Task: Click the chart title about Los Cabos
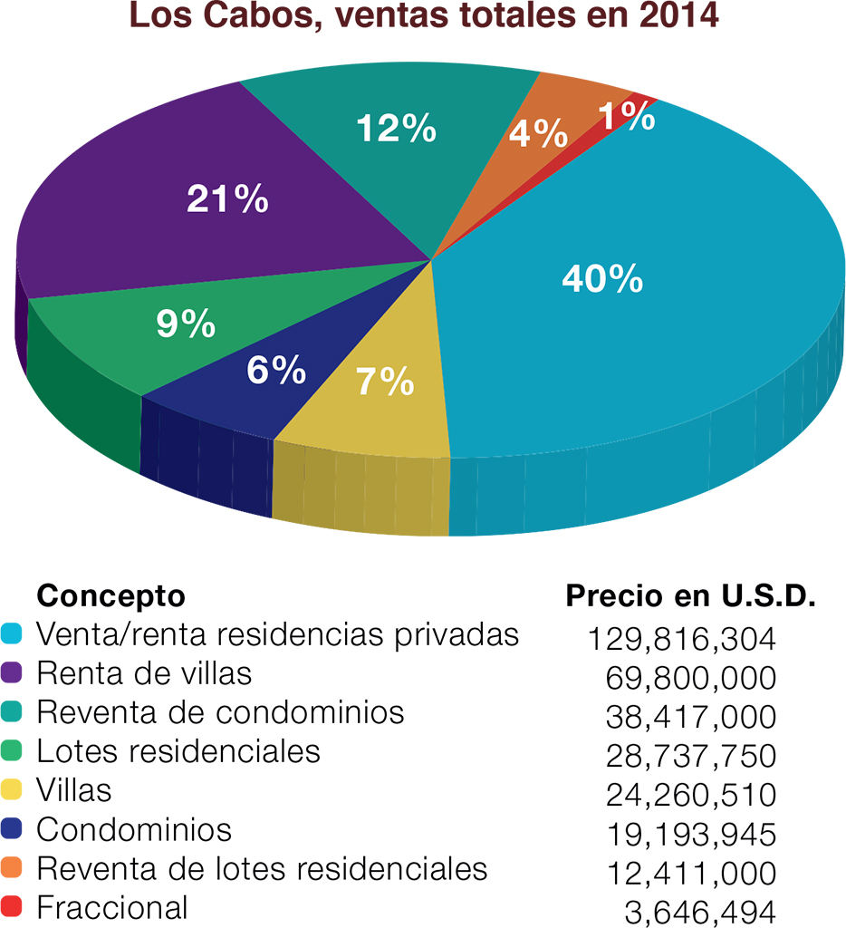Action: coord(423,17)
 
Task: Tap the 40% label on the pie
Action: coord(602,279)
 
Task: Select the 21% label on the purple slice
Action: coord(227,199)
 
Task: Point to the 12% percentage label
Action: coord(397,130)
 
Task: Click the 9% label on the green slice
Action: coord(186,324)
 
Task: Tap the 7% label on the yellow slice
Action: coord(385,382)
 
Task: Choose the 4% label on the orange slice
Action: coord(538,135)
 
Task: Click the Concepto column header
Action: coord(110,596)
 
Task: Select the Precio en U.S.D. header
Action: coord(692,597)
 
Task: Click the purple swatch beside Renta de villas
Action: coord(14,674)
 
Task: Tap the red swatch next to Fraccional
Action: coord(14,907)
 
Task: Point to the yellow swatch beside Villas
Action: coord(14,791)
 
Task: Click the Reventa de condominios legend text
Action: coord(220,712)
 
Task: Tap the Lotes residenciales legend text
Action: coord(178,751)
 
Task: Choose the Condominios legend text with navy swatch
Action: coord(134,829)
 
